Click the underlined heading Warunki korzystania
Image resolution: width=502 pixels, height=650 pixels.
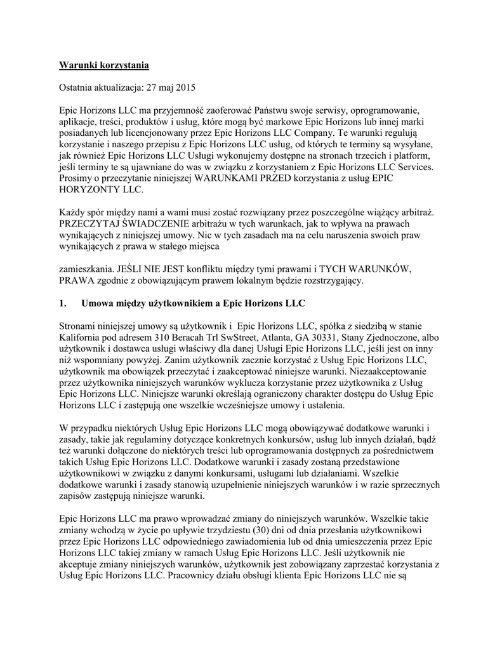tap(104, 65)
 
